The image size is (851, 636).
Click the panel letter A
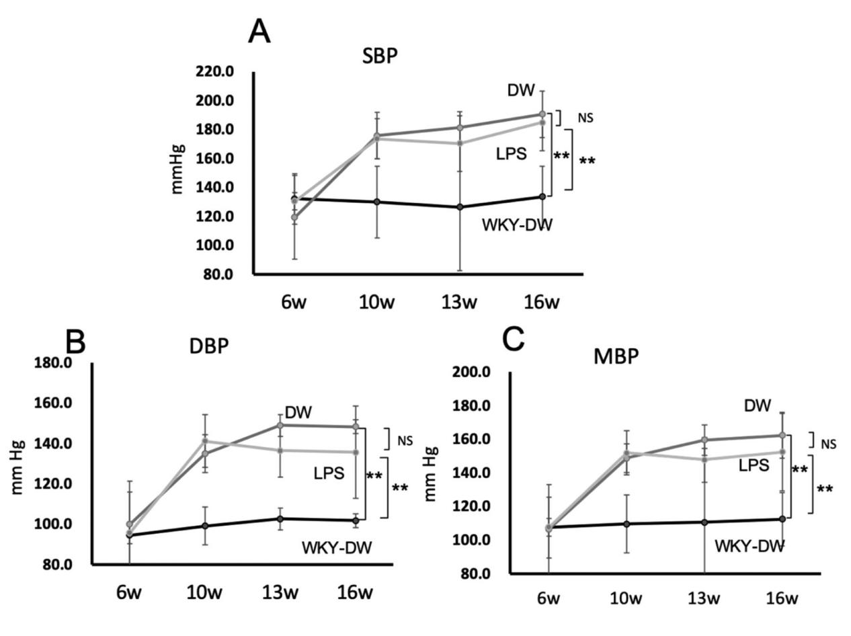pyautogui.click(x=259, y=32)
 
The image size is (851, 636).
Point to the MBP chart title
pyautogui.click(x=616, y=356)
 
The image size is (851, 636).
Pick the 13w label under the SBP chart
pyautogui.click(x=460, y=302)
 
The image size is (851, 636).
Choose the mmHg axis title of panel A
pyautogui.click(x=177, y=173)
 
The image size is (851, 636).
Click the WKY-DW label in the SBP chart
pyautogui.click(x=517, y=225)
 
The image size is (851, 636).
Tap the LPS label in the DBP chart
pyautogui.click(x=329, y=473)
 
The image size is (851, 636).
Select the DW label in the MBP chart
pyautogui.click(x=758, y=405)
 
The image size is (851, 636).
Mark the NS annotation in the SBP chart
pyautogui.click(x=585, y=118)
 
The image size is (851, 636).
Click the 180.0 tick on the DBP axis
pyautogui.click(x=52, y=363)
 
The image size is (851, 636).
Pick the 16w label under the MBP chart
pyautogui.click(x=782, y=598)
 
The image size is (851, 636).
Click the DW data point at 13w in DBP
pyautogui.click(x=280, y=425)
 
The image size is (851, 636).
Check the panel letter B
pyautogui.click(x=76, y=342)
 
